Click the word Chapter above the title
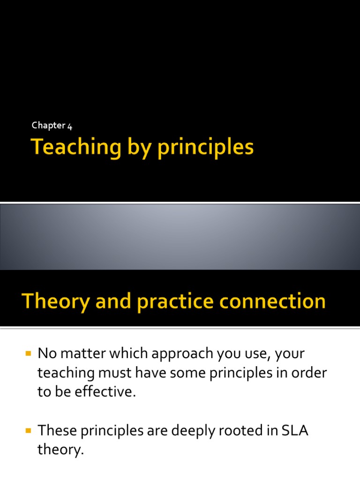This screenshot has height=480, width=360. (48, 126)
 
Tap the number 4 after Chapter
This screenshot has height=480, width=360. (69, 126)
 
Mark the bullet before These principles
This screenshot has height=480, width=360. (28, 430)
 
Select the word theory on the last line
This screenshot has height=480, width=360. (60, 450)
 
